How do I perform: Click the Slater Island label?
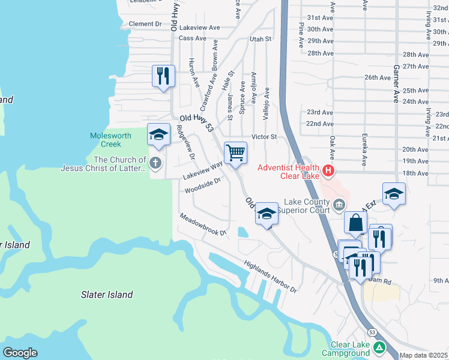pos(107,295)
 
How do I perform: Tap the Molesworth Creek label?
pos(110,140)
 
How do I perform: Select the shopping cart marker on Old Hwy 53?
pos(235,152)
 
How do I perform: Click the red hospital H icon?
pos(328,171)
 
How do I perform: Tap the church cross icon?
pos(155,162)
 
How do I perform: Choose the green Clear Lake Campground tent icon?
pos(379,347)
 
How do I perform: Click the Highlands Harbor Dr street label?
pos(270,277)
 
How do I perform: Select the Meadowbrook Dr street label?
pos(203,224)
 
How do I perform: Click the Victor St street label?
pos(264,137)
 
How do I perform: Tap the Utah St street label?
pos(261,39)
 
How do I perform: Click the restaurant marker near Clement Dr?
pos(163,76)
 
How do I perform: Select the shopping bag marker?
pos(356,223)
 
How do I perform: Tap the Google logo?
pos(20,353)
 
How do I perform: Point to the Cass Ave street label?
pos(192,38)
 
